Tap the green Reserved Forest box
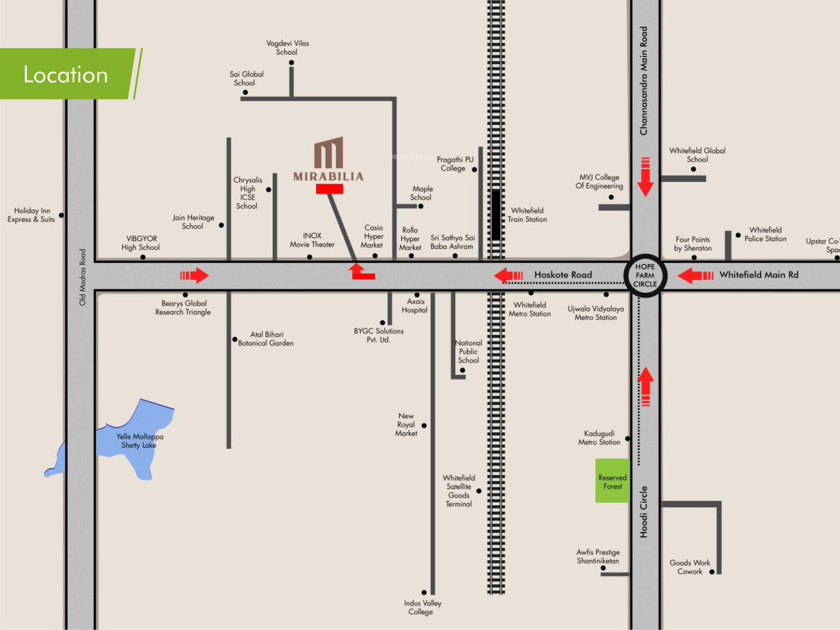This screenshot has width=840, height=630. (612, 481)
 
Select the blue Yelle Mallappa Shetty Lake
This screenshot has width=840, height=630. (115, 440)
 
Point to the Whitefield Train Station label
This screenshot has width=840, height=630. (527, 215)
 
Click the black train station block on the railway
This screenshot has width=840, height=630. (496, 215)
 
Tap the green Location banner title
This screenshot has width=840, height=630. (65, 74)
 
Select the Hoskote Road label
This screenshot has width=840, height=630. (563, 275)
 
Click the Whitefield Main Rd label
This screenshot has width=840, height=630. (759, 275)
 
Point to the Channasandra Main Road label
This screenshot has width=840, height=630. (644, 81)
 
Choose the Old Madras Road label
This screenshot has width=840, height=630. (82, 277)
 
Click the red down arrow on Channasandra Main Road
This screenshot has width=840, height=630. (646, 177)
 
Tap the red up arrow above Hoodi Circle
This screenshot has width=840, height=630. (646, 386)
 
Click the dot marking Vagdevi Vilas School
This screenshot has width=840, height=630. (291, 62)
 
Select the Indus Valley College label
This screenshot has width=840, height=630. (423, 607)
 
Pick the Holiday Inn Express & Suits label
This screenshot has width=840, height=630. (32, 215)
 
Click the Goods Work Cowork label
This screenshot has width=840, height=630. (690, 567)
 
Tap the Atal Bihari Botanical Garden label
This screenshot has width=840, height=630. (266, 339)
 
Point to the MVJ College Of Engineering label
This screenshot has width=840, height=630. (599, 182)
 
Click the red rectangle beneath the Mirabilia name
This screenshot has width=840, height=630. (330, 189)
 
